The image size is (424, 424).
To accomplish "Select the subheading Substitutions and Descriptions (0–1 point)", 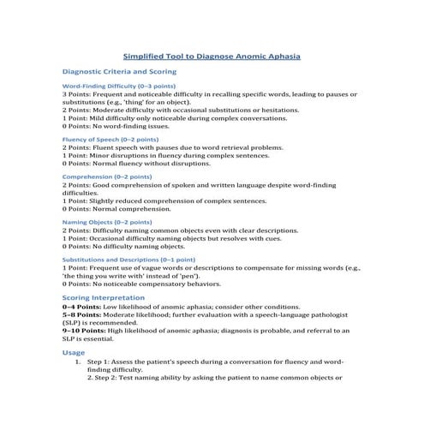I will (128, 259).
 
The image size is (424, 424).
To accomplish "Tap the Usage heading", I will (74, 352).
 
